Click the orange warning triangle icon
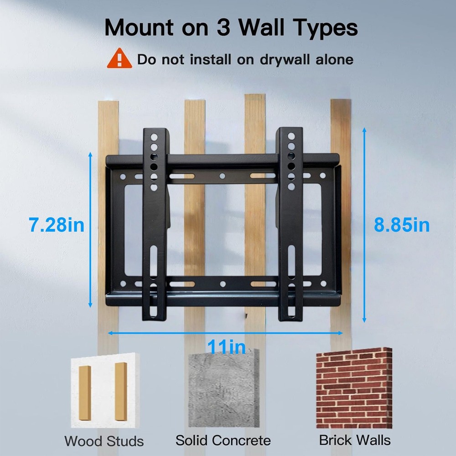coord(119,59)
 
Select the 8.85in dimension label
coord(402,225)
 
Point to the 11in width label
coord(227,347)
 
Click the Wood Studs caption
coord(104,441)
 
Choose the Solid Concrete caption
coord(223,440)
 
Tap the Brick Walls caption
coord(355,440)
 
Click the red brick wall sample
coord(354,388)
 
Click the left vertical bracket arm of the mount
coord(155,223)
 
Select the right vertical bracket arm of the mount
coord(290,223)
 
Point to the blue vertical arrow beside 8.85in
coord(364,225)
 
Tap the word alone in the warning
coord(335,59)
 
